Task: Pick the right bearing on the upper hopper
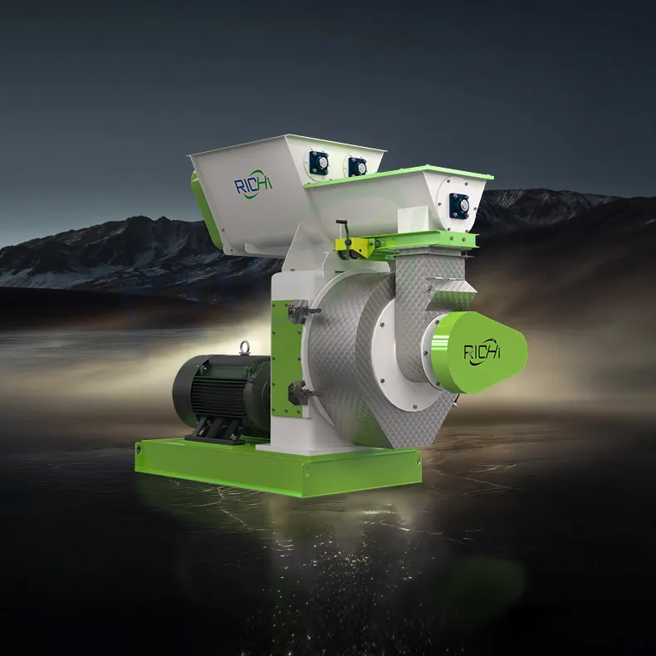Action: pos(357,166)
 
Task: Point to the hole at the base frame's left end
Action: pos(139,449)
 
